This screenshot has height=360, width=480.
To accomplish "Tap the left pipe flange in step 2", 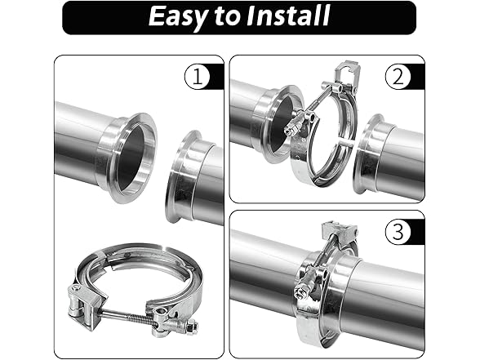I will point(270,127).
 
